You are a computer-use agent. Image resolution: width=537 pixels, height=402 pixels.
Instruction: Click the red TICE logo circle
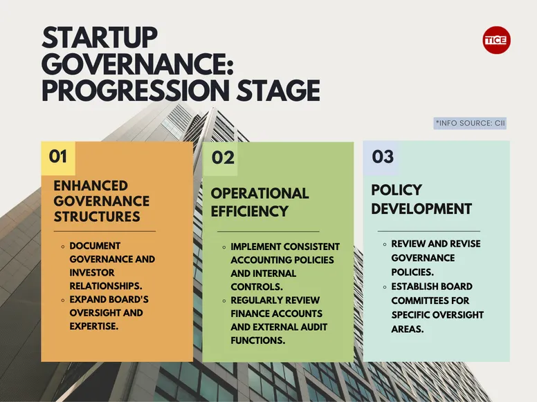click(x=496, y=40)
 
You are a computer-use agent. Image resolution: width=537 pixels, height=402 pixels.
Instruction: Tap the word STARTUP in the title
click(x=100, y=38)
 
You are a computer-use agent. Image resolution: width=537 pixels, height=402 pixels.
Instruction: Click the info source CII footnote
click(x=470, y=123)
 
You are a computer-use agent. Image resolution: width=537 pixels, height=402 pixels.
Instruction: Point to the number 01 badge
click(x=58, y=157)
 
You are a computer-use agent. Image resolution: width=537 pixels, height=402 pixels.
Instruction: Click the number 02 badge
click(x=223, y=158)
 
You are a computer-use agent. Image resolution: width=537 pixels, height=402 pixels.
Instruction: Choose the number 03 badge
click(x=383, y=156)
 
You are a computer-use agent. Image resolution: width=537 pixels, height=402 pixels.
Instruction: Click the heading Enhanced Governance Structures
click(x=101, y=201)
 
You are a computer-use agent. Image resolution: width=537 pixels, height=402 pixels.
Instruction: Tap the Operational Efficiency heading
click(x=260, y=201)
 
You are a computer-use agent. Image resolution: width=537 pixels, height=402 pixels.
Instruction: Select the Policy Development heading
click(x=421, y=199)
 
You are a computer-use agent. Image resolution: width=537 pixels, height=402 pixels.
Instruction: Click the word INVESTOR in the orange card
click(x=93, y=273)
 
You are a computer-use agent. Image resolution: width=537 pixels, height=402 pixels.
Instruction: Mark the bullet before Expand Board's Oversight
click(x=63, y=300)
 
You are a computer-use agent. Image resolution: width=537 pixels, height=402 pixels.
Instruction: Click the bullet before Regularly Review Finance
click(x=224, y=300)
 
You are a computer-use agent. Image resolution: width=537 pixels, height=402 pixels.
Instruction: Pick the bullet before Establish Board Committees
click(x=385, y=287)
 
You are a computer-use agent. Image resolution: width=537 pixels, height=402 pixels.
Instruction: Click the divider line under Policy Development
click(x=428, y=231)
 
